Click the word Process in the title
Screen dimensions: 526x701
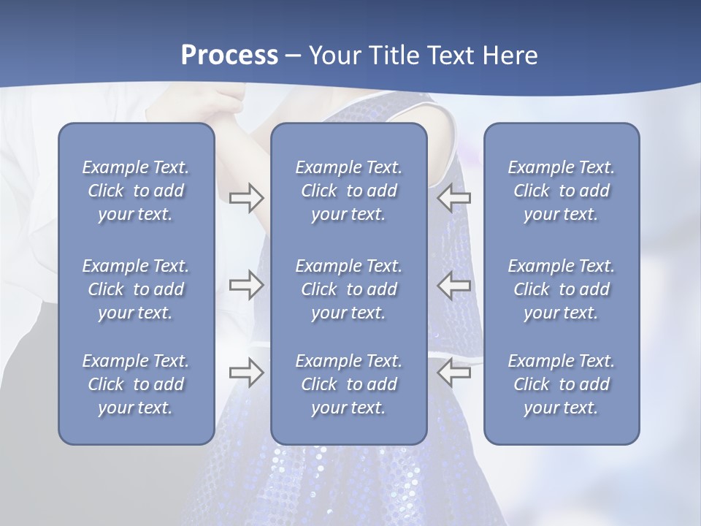[x=229, y=56]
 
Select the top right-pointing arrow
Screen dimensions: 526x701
[x=246, y=198]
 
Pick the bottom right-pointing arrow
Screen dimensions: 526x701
[x=246, y=372]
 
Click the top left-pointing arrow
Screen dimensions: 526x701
[x=454, y=198]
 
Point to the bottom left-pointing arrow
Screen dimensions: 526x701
[x=454, y=372]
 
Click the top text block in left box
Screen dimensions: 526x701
[x=136, y=191]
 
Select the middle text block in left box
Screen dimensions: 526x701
[x=136, y=289]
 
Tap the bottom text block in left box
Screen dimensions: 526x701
[x=136, y=384]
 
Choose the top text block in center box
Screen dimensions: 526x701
[x=348, y=191]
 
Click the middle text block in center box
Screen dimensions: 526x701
[x=348, y=289]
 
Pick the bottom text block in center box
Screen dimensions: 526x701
[x=348, y=384]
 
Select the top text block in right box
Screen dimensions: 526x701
[x=561, y=191]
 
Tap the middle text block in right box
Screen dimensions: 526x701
[x=561, y=289]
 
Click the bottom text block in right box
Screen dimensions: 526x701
[x=561, y=384]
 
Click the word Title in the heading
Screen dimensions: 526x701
[x=390, y=56]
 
